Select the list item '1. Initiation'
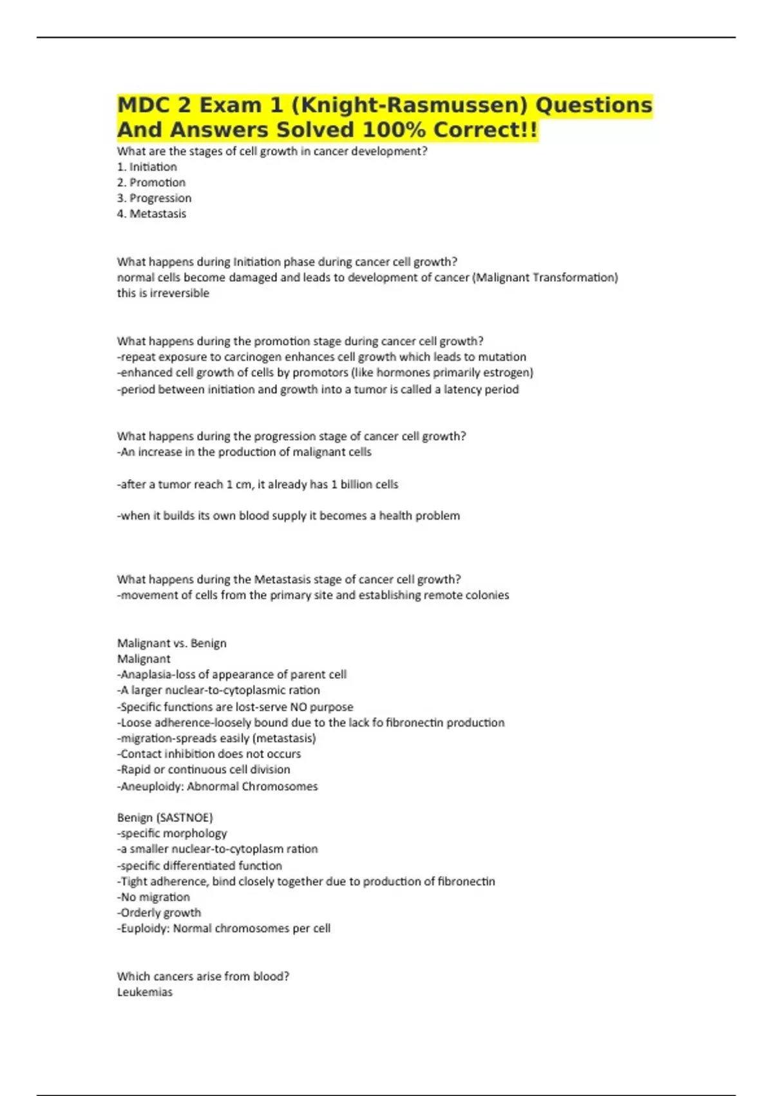pos(147,167)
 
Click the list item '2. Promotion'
pos(151,182)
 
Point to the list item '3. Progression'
pos(154,198)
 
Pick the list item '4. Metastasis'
pos(151,213)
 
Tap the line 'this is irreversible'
pos(163,293)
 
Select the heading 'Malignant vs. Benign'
pos(171,643)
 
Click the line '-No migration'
pos(153,897)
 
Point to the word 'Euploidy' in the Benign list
pos(145,928)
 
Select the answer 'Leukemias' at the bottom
pos(145,992)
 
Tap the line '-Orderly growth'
pos(159,913)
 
